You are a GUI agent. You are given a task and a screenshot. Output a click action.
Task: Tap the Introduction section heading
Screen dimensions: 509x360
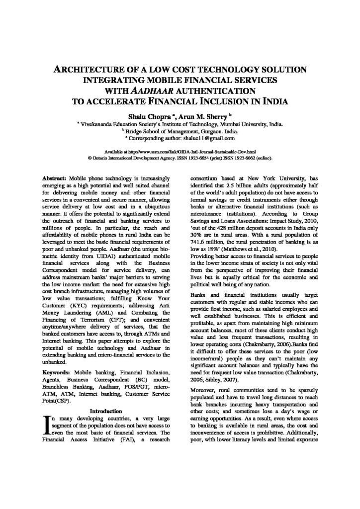[105, 412]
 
